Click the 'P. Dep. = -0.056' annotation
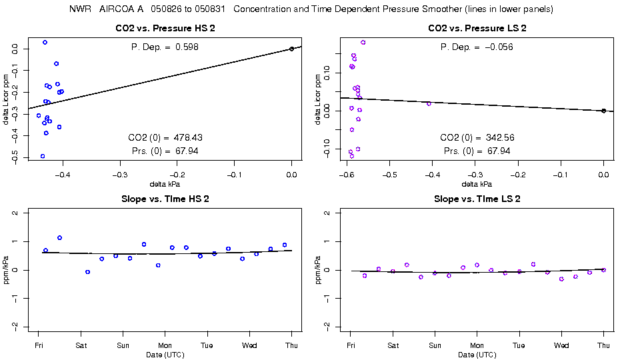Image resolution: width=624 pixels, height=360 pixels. point(477,47)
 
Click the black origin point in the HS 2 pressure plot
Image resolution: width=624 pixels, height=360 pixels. point(292,49)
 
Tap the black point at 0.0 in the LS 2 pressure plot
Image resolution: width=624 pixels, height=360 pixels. point(603,111)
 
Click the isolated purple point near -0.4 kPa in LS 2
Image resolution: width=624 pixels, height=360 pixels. point(429,103)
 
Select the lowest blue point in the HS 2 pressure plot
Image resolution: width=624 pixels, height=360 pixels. point(43,156)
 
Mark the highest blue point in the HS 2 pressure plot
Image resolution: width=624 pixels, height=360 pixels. point(45,42)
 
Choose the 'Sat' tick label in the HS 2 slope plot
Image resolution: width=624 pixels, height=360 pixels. point(81,345)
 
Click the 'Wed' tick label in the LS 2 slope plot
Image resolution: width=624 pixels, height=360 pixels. point(561,345)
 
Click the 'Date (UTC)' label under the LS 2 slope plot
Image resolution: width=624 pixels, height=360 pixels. point(477,355)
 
